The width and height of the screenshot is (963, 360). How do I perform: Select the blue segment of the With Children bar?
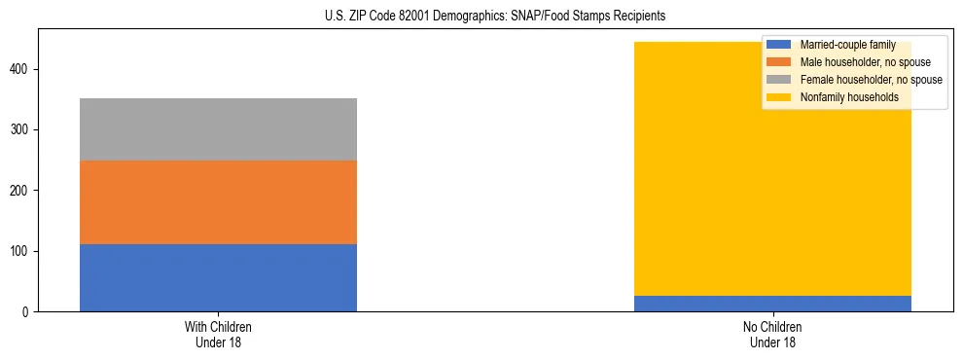pos(218,277)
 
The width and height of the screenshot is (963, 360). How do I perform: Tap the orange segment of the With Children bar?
pos(218,202)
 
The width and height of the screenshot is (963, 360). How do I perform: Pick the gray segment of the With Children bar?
pos(218,129)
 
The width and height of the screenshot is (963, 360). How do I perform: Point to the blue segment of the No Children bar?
pos(772,304)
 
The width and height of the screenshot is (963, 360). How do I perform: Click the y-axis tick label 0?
pos(27,312)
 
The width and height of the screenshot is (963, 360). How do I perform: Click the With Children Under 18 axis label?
pos(218,334)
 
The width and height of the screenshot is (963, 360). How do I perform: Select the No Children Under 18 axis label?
pos(772,334)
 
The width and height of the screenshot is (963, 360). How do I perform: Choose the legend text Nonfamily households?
pos(849,97)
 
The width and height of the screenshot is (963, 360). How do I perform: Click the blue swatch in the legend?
pos(779,46)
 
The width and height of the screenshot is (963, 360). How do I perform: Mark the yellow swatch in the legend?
pos(779,97)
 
